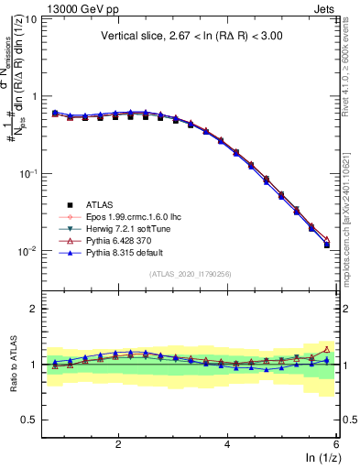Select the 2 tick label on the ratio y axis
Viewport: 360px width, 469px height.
(x=34, y=309)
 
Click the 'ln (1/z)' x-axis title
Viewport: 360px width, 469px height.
(x=320, y=459)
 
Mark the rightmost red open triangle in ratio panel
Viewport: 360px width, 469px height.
(x=327, y=349)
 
